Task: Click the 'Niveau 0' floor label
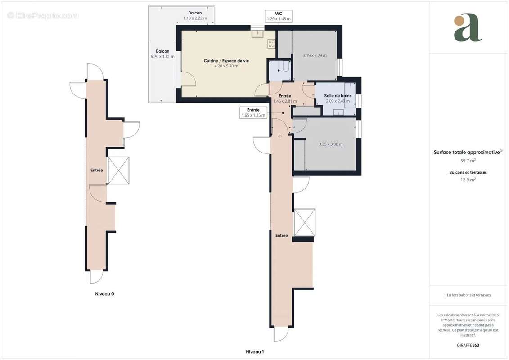tap(104, 294)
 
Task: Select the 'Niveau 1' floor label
tap(254, 351)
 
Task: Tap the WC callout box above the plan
tap(279, 16)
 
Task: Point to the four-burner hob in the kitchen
tap(272, 44)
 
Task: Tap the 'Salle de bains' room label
tap(338, 96)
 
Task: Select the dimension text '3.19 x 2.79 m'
tap(315, 56)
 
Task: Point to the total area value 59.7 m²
tap(468, 161)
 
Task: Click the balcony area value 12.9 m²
tap(468, 179)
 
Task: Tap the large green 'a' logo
tap(468, 27)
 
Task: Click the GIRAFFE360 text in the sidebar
tap(468, 345)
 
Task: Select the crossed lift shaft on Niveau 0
tap(118, 171)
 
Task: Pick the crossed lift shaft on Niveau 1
tap(304, 222)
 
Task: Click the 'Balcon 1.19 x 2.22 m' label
tap(195, 16)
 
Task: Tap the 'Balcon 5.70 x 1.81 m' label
tap(162, 54)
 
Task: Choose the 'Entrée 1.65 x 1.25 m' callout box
tap(253, 112)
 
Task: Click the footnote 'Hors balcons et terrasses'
tap(468, 295)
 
